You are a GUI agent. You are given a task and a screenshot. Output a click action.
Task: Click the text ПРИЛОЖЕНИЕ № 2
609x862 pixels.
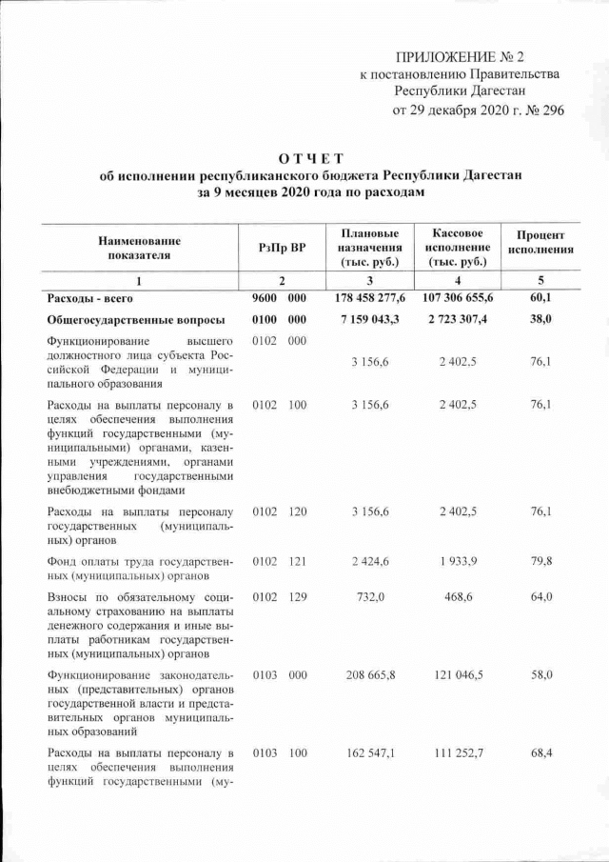467,59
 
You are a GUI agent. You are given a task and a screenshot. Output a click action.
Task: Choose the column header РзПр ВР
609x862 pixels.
281,248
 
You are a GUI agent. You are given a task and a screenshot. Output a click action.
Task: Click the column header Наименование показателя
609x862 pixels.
139,248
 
